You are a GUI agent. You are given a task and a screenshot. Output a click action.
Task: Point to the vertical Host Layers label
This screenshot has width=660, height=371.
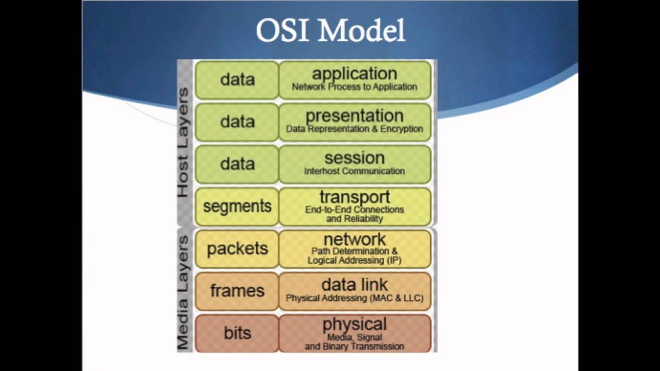pos(184,143)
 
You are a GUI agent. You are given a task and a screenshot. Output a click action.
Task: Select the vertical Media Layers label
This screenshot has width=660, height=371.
pos(184,292)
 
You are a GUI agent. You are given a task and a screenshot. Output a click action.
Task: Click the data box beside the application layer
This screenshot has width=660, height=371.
pos(237,80)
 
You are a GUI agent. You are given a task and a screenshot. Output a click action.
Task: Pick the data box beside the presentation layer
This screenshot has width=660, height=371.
pos(237,122)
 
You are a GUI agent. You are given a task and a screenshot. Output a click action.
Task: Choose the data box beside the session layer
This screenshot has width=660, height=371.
pos(237,164)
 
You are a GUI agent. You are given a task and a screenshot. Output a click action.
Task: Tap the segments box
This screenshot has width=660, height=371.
pos(237,207)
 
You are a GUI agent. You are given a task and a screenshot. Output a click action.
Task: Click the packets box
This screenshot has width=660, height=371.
pos(237,249)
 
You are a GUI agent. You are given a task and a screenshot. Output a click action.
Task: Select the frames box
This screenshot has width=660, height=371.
pos(237,291)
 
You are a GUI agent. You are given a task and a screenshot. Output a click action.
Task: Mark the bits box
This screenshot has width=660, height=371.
pos(237,333)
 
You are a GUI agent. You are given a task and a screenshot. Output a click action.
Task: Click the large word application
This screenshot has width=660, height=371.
pos(354,74)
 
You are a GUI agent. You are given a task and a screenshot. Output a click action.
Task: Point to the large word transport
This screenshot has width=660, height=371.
pos(354,197)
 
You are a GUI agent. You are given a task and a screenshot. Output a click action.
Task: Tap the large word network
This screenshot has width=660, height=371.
pos(354,240)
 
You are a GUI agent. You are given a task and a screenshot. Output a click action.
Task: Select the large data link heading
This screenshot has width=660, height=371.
pos(354,285)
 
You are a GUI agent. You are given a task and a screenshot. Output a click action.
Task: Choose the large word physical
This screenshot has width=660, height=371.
pos(354,325)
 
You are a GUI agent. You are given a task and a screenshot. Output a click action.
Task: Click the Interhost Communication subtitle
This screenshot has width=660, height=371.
pos(354,171)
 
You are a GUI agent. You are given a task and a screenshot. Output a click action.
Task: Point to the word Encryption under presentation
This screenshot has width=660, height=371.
pos(402,129)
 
